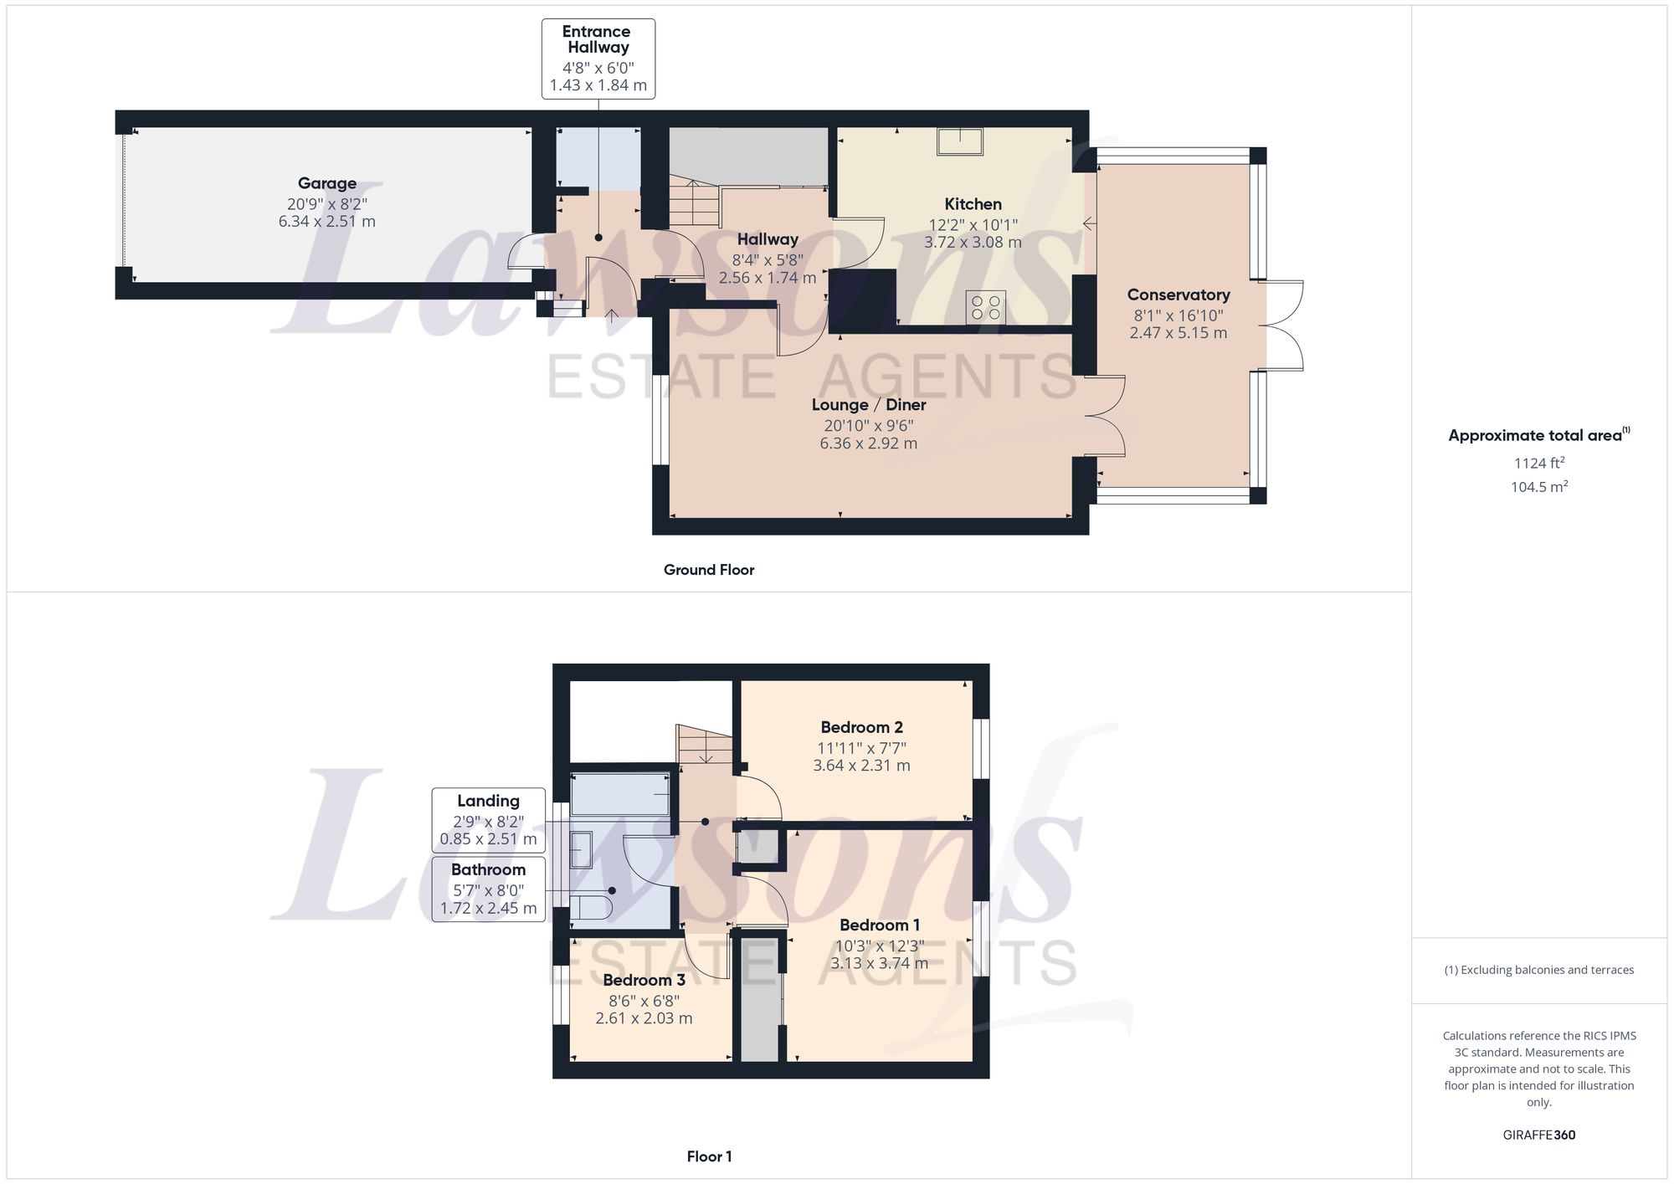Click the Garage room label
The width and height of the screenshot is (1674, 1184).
(x=326, y=183)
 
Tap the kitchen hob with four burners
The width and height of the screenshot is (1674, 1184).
(x=985, y=306)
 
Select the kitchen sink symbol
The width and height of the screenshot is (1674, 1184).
(x=959, y=141)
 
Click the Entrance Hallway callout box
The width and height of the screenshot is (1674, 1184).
(x=598, y=59)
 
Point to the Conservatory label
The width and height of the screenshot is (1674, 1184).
(x=1178, y=295)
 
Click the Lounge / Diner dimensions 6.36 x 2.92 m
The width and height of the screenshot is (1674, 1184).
(x=868, y=443)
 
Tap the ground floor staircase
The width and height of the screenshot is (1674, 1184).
(x=693, y=203)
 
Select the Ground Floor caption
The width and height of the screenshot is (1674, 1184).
(x=708, y=570)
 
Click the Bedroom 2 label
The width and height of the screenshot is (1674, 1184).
(x=860, y=727)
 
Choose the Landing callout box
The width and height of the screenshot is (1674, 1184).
(x=488, y=820)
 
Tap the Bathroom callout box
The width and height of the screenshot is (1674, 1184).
(x=488, y=889)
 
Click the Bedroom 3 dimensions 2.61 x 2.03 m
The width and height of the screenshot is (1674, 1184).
(x=644, y=1018)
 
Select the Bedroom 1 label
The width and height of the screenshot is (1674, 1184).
(x=879, y=925)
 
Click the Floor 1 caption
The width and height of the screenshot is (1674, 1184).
(x=708, y=1156)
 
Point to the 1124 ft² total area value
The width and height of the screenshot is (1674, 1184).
(x=1538, y=463)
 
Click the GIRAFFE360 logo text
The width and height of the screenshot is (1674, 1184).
(x=1538, y=1135)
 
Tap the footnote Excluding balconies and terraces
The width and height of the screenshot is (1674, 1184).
(x=1538, y=970)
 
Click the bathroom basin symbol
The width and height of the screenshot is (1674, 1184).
(x=581, y=849)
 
